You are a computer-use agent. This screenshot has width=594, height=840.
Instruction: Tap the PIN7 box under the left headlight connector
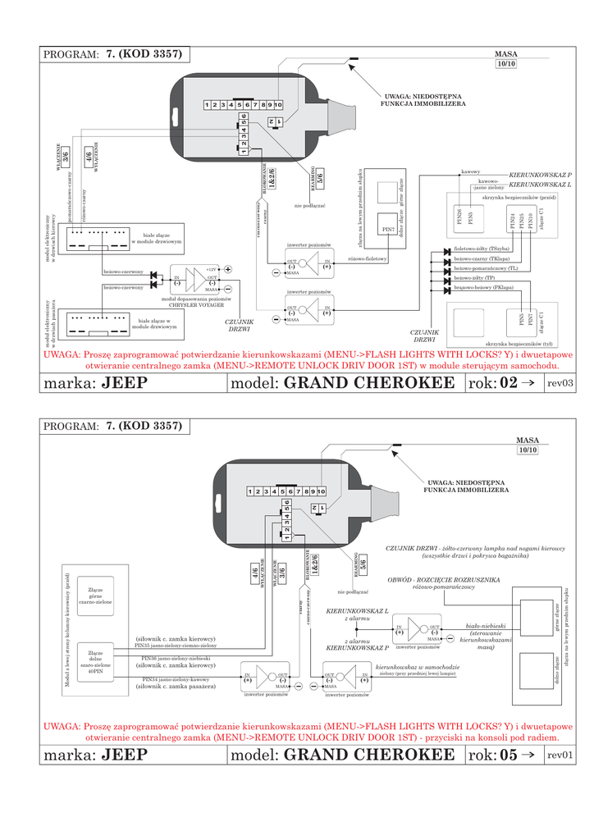tap(389, 228)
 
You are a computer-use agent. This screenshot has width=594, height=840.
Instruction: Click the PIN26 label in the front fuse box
tap(459, 217)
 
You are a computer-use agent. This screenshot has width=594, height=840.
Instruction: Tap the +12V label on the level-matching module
tap(212, 269)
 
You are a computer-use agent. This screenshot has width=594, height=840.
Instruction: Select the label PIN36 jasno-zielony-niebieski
tap(176, 658)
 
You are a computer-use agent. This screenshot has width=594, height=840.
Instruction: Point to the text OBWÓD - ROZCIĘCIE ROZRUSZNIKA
tap(445, 578)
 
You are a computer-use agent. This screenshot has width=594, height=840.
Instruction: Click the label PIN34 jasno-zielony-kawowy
tap(176, 679)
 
